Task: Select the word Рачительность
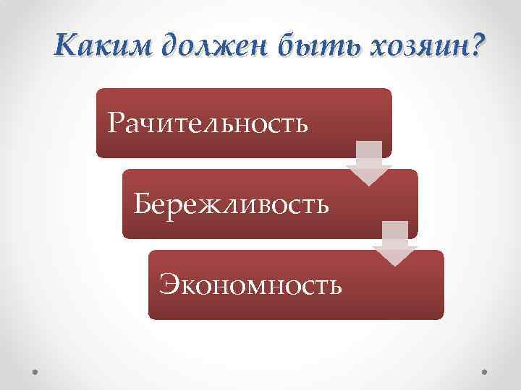(207, 123)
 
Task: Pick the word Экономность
(250, 284)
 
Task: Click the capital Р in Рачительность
(116, 123)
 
